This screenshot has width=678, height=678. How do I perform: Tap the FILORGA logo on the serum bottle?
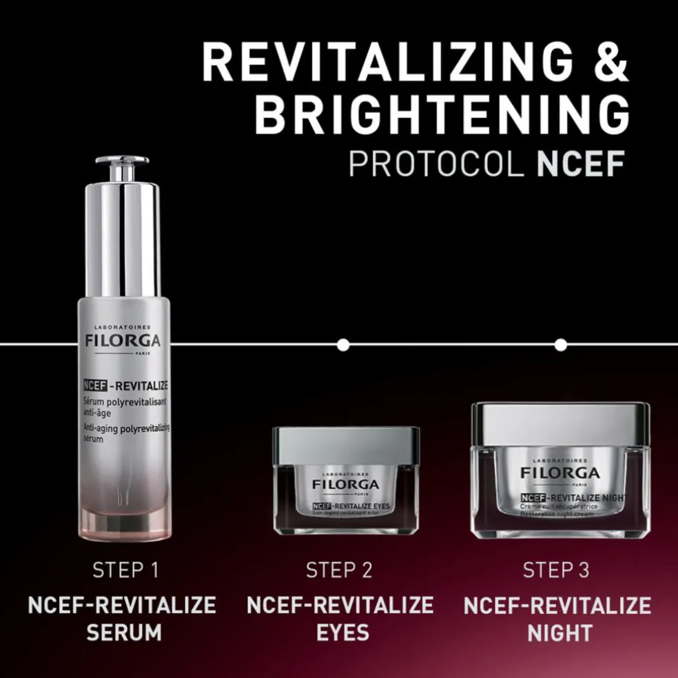click(x=123, y=341)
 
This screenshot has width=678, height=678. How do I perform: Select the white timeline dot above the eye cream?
click(x=343, y=344)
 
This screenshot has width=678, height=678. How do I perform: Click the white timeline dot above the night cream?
click(x=561, y=344)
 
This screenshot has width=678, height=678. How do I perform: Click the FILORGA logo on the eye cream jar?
click(x=345, y=484)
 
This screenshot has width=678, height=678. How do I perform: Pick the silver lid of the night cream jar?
click(x=560, y=422)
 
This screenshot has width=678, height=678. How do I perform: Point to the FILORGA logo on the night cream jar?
click(x=560, y=473)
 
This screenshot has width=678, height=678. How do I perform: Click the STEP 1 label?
click(x=125, y=571)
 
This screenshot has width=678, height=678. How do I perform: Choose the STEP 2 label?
click(x=340, y=571)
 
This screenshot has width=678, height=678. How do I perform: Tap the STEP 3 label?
click(x=557, y=571)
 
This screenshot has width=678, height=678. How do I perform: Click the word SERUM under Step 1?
click(x=124, y=632)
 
